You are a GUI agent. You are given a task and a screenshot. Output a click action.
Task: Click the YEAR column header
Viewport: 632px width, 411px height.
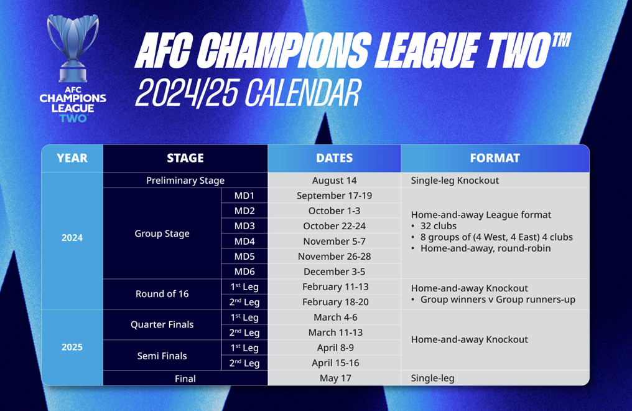point(72,158)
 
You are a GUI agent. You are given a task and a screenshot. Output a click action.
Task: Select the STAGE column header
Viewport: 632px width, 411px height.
point(185,158)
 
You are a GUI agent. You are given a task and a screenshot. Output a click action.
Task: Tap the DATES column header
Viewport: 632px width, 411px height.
point(334,158)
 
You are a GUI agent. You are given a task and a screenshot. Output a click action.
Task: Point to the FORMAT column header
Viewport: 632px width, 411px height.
point(495,158)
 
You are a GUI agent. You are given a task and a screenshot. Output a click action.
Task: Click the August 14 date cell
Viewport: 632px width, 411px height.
point(334,181)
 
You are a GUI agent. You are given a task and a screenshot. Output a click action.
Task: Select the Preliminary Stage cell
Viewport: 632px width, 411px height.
point(185,181)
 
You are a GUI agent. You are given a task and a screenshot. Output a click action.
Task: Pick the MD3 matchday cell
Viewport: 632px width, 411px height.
point(244,226)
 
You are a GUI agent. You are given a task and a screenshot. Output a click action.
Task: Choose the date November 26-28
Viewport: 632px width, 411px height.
point(334,257)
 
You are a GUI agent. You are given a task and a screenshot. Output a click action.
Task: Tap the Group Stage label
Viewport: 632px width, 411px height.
point(162,234)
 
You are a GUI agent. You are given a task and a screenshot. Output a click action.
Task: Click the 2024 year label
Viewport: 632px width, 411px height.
point(72,238)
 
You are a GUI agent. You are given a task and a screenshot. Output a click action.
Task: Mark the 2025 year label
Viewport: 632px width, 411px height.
point(72,347)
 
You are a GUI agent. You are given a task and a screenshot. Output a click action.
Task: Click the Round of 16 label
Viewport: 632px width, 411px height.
point(162,294)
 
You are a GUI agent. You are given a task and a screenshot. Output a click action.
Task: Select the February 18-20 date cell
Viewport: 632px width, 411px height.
point(335,302)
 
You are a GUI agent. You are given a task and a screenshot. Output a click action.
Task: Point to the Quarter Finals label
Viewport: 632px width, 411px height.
point(162,324)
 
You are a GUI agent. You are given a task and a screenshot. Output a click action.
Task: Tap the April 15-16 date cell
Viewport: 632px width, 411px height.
point(335,363)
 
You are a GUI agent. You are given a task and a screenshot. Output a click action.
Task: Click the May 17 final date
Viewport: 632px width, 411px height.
point(335,379)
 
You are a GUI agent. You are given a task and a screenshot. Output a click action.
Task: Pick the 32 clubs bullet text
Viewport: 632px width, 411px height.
point(439,226)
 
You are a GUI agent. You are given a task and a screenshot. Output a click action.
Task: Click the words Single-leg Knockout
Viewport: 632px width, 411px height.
point(455,181)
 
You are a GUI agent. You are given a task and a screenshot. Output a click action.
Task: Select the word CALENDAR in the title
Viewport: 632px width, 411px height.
point(302,93)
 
